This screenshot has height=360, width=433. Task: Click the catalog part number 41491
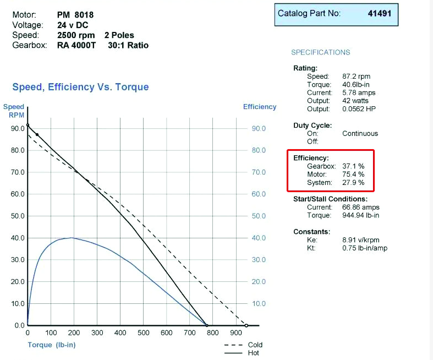[379, 13]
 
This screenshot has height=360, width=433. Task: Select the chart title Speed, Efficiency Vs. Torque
[80, 87]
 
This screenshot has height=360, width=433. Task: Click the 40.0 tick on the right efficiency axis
[259, 238]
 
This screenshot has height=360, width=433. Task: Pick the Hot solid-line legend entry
[254, 353]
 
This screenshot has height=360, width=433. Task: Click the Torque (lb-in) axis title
[52, 345]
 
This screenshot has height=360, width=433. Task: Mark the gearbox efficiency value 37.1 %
[353, 166]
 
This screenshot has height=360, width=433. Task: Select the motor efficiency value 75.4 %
[353, 174]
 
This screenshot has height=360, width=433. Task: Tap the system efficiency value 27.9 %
[353, 183]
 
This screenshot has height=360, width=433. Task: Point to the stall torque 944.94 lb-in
[360, 215]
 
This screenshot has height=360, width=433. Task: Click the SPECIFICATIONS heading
[320, 52]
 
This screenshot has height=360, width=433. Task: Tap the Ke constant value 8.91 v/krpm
[360, 240]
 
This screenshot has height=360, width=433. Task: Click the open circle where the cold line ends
[246, 325]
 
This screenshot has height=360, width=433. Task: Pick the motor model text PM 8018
[75, 15]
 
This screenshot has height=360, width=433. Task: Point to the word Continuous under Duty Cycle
[360, 133]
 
